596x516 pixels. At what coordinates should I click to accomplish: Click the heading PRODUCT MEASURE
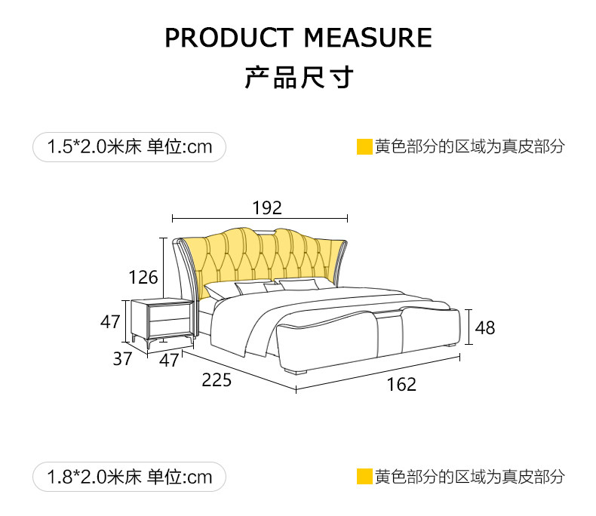point(298,37)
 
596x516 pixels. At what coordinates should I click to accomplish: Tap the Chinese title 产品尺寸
point(298,77)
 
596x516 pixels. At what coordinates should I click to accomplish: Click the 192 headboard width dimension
point(266,207)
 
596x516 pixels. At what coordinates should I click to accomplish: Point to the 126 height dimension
point(143,277)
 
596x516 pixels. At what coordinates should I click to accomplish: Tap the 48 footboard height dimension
point(485,327)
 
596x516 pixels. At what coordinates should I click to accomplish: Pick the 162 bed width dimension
point(401,385)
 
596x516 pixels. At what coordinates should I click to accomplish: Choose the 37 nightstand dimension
point(123,359)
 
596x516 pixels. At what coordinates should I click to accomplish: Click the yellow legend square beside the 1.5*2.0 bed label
point(364,146)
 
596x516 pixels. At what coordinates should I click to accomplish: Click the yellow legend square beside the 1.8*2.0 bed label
point(364,477)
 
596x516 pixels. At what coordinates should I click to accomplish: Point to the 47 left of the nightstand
point(111,321)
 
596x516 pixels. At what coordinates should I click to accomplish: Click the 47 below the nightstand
point(170,361)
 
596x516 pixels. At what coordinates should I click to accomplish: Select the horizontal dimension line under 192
point(260,219)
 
